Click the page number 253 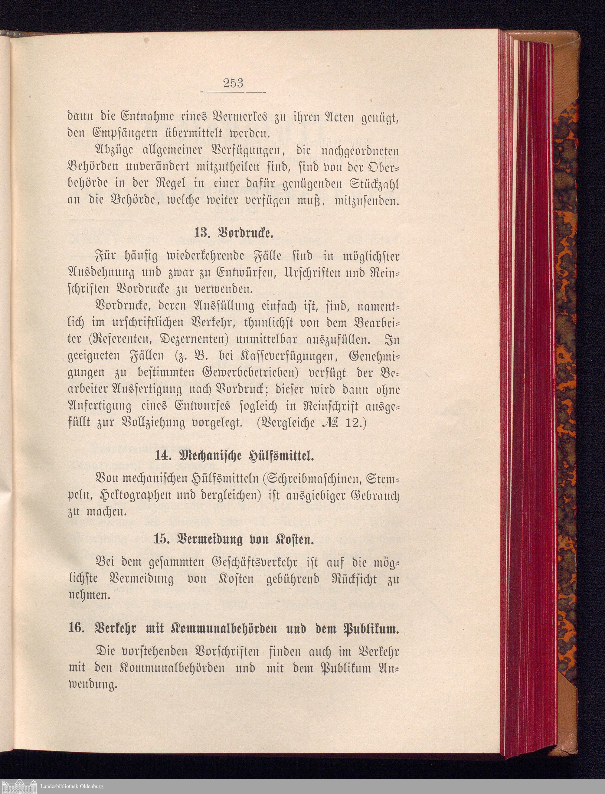[x=233, y=83]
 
